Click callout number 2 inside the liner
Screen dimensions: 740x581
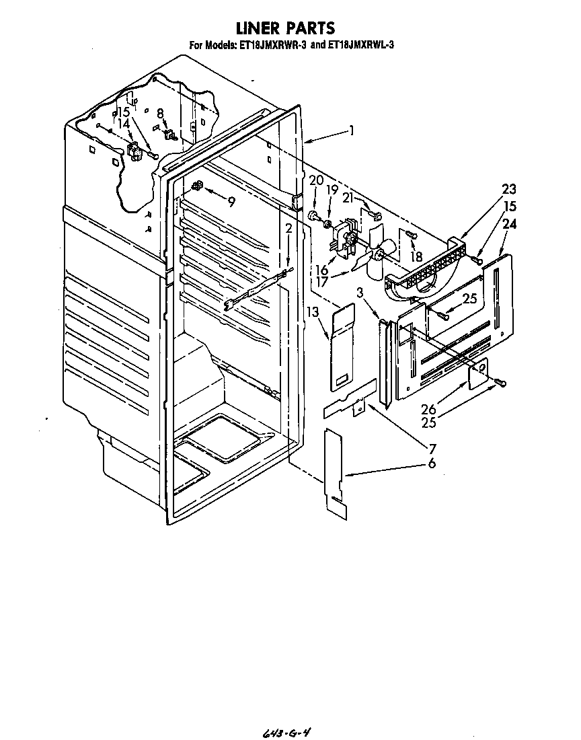pyautogui.click(x=288, y=229)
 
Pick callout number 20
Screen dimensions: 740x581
pyautogui.click(x=316, y=180)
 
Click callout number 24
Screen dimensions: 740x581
pyautogui.click(x=509, y=225)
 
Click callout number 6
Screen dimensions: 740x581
pyautogui.click(x=431, y=463)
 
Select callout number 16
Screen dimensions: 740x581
pyautogui.click(x=322, y=270)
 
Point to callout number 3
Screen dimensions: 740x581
pyautogui.click(x=360, y=293)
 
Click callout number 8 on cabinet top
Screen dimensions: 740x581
pyautogui.click(x=160, y=114)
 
